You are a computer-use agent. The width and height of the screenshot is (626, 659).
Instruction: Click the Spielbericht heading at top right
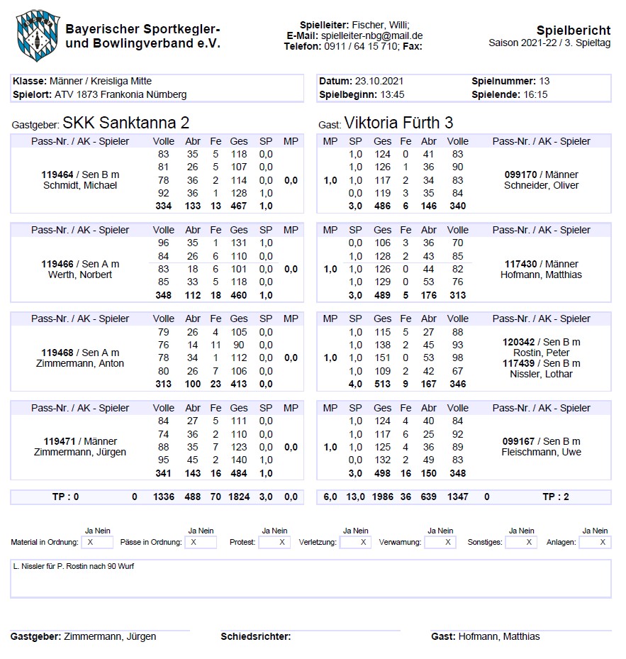[x=573, y=31]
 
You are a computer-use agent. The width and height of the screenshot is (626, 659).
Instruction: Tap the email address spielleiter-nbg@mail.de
[x=371, y=35]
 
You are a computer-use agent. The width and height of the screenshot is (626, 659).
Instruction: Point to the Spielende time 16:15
[x=535, y=94]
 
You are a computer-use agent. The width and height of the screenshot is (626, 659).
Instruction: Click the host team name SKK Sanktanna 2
[x=125, y=123]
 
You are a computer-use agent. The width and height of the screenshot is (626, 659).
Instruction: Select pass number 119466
[x=60, y=264]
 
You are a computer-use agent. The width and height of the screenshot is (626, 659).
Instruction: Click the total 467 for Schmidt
[x=239, y=206]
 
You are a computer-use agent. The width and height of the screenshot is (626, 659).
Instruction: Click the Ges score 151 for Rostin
[x=382, y=358]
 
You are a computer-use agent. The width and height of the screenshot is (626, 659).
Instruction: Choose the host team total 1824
[x=239, y=497]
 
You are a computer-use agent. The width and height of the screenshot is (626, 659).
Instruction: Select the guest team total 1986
[x=382, y=497]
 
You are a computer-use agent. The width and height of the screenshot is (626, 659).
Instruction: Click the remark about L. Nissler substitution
[x=74, y=566]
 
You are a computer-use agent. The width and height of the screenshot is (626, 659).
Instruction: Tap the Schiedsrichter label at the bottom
[x=255, y=636]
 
